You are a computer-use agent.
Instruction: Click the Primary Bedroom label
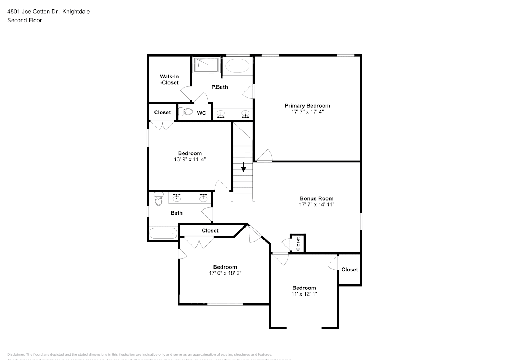(x=307, y=105)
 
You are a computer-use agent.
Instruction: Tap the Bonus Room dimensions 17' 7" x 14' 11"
(x=317, y=204)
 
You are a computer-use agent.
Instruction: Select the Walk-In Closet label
(x=169, y=80)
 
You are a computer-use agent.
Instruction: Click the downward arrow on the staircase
(x=243, y=167)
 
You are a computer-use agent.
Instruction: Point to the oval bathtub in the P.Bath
(x=237, y=66)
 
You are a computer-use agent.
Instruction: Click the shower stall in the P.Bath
(x=207, y=65)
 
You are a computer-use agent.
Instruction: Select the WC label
(x=201, y=113)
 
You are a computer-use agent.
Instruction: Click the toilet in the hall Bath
(x=158, y=199)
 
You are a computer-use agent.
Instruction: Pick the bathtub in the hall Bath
(x=163, y=233)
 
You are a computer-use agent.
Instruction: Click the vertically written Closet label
(x=298, y=244)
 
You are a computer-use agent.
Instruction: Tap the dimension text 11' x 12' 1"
(x=304, y=294)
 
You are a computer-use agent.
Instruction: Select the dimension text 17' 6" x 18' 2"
(x=225, y=273)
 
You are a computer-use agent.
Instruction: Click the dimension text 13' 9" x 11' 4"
(x=190, y=159)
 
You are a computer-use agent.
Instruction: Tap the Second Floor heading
(x=24, y=20)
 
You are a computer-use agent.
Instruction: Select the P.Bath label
(x=219, y=87)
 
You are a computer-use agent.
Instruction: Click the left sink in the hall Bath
(x=177, y=198)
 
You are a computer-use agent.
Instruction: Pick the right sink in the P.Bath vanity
(x=246, y=114)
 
